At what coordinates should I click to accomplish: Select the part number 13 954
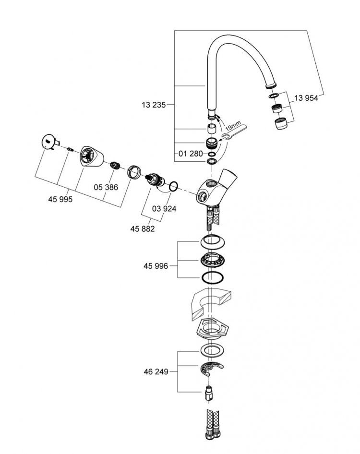[x=306, y=98]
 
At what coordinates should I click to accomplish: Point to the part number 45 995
[x=60, y=199]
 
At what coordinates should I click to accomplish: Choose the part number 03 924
[x=164, y=209]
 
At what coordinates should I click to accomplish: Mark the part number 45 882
[x=142, y=229]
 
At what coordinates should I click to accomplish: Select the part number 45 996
[x=156, y=266]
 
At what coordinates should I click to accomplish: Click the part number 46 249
[x=156, y=371]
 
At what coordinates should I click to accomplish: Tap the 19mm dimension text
[x=233, y=127]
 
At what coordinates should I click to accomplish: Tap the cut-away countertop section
[x=211, y=304]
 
